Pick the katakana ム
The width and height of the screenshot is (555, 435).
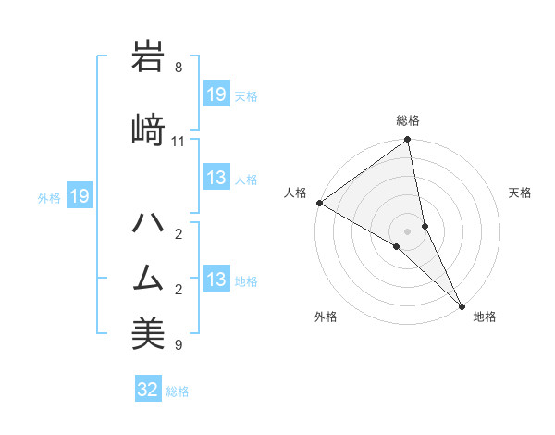click(148, 277)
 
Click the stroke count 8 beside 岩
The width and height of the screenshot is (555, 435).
click(179, 68)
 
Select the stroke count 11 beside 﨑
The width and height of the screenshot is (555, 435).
click(179, 142)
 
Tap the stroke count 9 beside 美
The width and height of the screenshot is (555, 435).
click(179, 346)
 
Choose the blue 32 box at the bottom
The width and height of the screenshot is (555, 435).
click(148, 390)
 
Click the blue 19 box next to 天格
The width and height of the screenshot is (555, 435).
click(216, 94)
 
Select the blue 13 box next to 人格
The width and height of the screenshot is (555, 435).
click(216, 178)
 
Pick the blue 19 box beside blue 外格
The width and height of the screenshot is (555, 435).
click(79, 196)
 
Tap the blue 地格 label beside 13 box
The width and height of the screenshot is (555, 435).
click(246, 280)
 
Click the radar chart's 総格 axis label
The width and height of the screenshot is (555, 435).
click(408, 120)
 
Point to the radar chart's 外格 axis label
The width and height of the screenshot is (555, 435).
click(326, 317)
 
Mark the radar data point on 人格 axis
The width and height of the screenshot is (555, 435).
click(319, 203)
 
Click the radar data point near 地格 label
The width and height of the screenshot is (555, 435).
click(462, 305)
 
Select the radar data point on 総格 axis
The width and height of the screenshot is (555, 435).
click(408, 141)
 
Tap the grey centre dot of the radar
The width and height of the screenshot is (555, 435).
click(408, 230)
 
